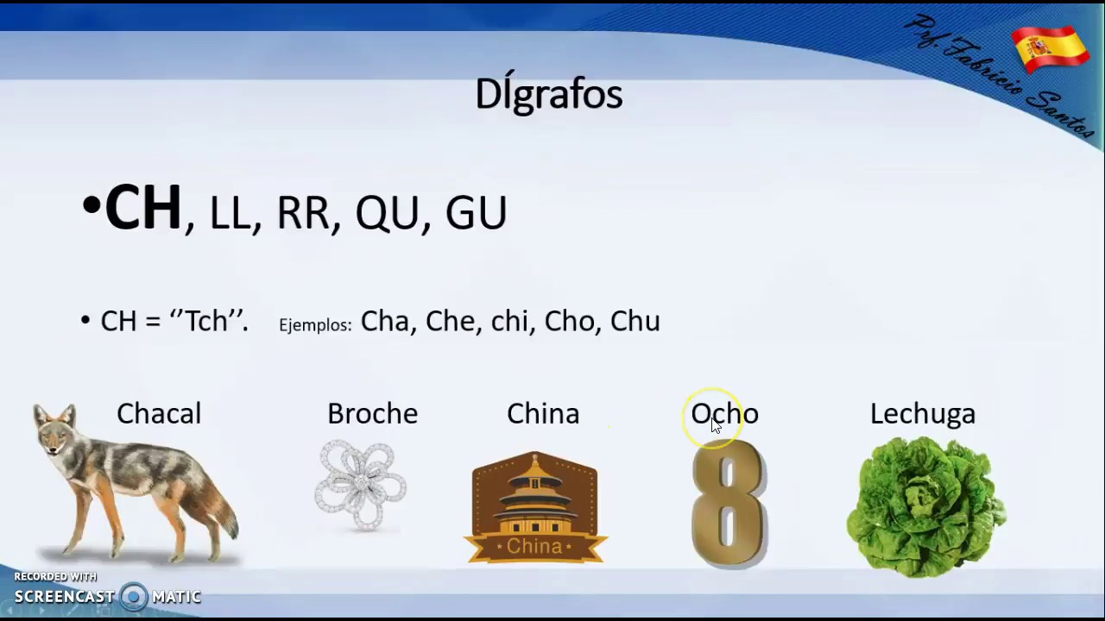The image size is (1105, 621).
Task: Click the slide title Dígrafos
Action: tap(549, 94)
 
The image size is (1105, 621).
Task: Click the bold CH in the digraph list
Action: tap(143, 209)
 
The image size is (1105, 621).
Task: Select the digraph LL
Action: tap(230, 213)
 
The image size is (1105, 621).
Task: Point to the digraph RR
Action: tap(302, 213)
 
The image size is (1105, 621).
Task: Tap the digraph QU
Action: tap(387, 213)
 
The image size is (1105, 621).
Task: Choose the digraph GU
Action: tap(476, 213)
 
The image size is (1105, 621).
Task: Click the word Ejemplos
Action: tap(315, 325)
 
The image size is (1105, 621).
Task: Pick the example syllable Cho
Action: tap(570, 321)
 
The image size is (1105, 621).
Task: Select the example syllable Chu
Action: tap(635, 321)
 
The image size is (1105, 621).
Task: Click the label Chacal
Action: tap(159, 414)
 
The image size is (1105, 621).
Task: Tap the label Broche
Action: tap(372, 414)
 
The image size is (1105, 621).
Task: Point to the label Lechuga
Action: tap(922, 414)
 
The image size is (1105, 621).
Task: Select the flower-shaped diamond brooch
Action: tap(360, 485)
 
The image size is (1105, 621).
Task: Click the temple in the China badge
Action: tap(535, 496)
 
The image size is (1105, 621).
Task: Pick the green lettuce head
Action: tap(925, 507)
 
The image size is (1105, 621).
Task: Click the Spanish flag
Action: tap(1051, 48)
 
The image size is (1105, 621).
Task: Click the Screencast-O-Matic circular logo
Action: tap(134, 596)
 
